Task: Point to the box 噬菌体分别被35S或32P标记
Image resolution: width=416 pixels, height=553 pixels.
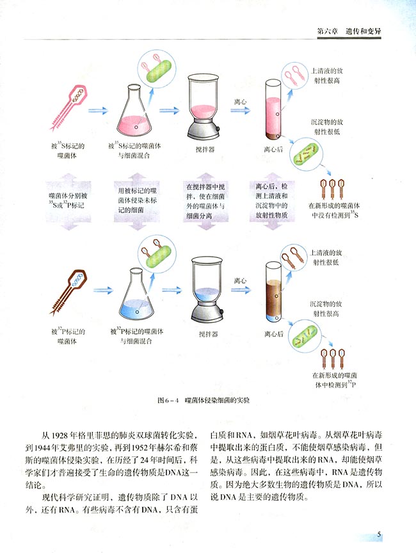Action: click(x=67, y=198)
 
